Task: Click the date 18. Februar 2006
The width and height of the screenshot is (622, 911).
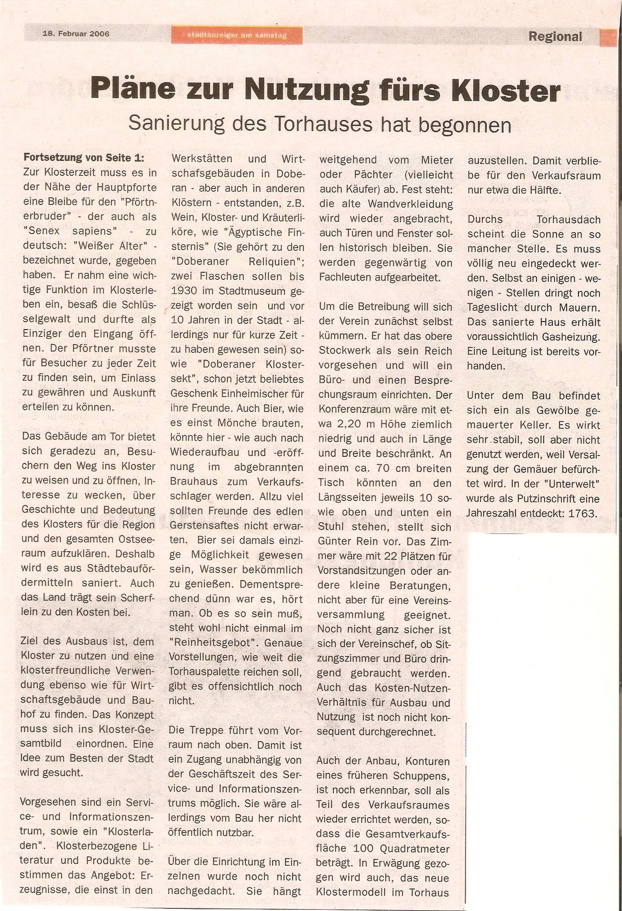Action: point(76,33)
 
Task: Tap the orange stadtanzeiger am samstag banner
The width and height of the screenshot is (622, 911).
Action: point(237,36)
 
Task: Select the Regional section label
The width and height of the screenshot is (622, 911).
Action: point(555,36)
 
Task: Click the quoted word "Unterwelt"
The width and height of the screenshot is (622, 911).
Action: point(570,484)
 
